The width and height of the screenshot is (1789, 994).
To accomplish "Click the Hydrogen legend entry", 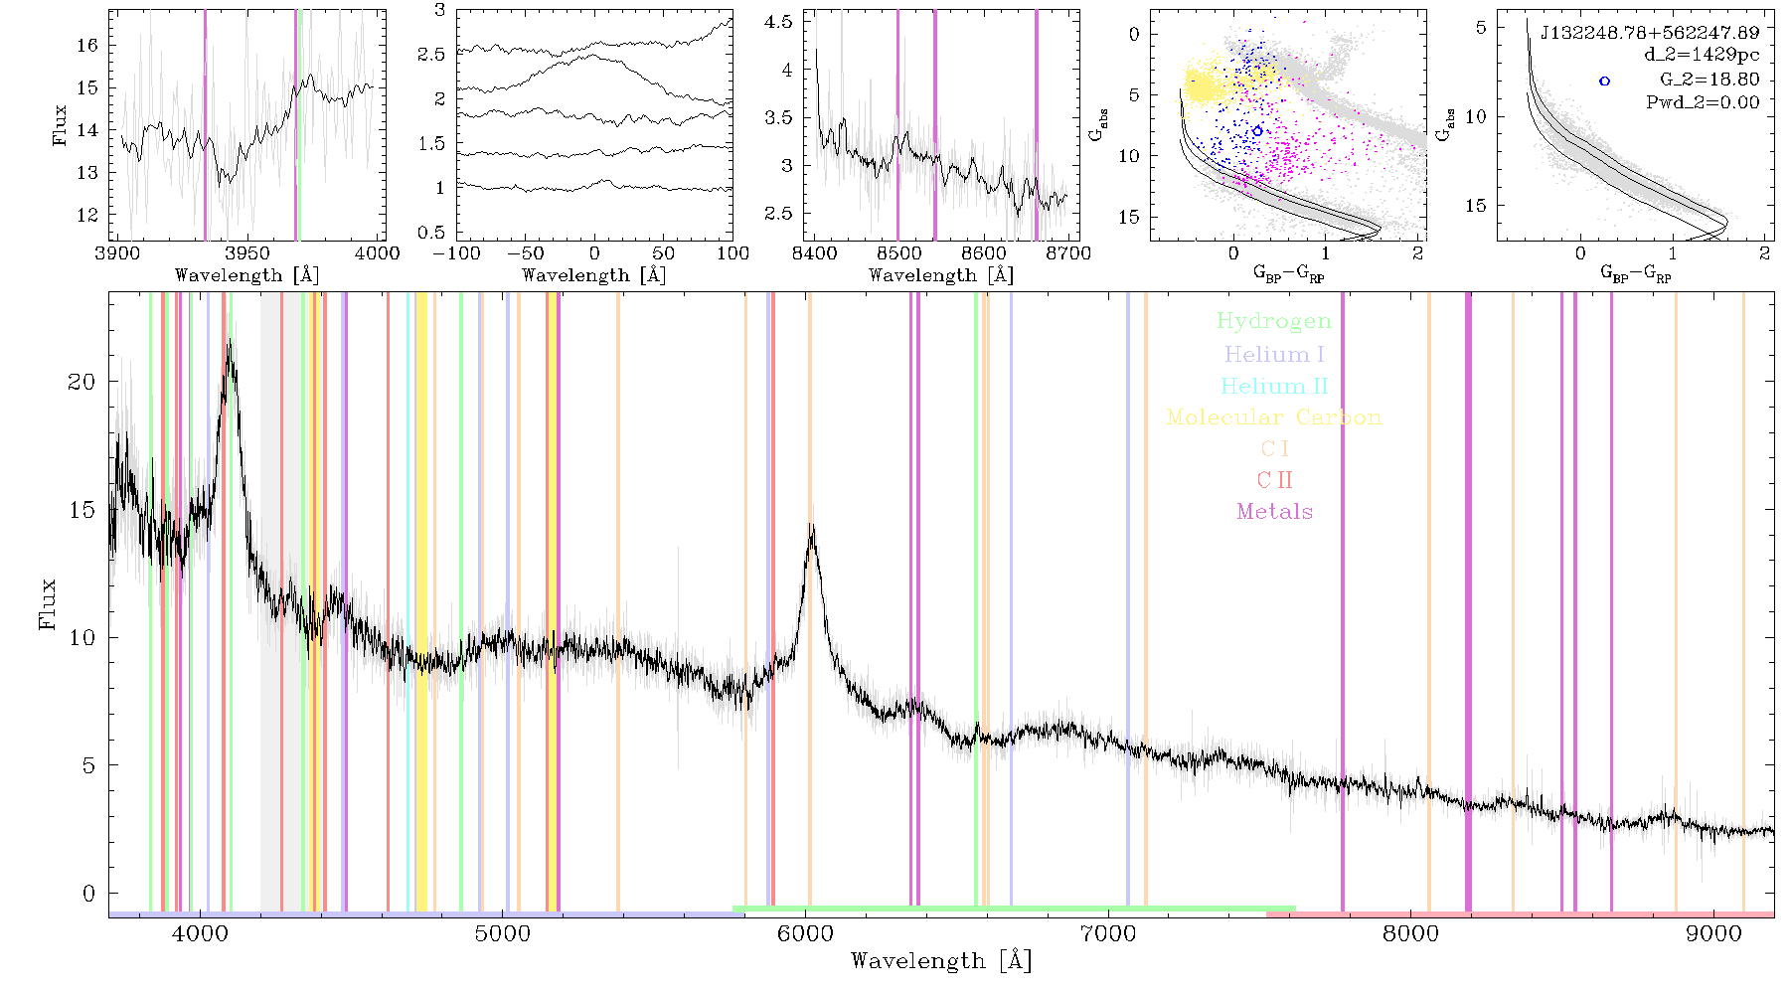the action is (1274, 322).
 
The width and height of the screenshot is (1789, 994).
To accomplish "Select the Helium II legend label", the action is (1274, 386).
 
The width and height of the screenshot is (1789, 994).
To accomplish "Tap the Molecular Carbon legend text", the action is (1274, 417).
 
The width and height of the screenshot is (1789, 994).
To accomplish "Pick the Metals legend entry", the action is (1275, 512).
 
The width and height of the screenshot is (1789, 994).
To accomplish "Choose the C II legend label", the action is (1275, 480).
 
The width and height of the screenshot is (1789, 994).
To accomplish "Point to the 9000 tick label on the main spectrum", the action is (1713, 933).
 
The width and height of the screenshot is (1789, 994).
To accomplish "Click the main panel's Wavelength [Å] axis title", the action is (940, 961).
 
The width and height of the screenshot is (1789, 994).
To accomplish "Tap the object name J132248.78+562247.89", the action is (1650, 33).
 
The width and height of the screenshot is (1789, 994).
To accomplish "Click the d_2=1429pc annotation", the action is (1702, 56).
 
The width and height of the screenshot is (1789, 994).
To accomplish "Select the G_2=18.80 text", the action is (1709, 80).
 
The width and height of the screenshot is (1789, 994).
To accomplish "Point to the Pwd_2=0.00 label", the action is (1703, 102).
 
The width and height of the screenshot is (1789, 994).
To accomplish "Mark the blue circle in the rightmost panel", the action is (1604, 81).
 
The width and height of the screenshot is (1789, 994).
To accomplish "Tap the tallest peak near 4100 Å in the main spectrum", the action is (230, 343).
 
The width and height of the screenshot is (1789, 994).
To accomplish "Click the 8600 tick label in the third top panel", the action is (984, 252).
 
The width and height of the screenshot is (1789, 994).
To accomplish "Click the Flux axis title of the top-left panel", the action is (60, 125).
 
